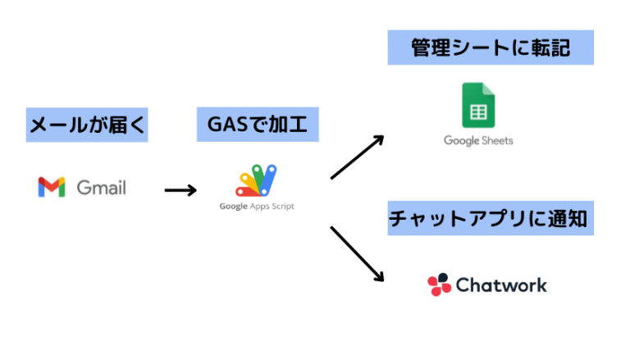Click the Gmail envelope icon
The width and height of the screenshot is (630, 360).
tap(51, 187)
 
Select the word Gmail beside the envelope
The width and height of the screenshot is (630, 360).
tap(101, 188)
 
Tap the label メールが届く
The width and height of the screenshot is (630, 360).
tap(87, 125)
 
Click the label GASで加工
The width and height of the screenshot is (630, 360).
tap(257, 125)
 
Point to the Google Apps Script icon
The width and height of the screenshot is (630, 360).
tap(257, 180)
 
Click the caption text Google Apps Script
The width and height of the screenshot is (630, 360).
tap(257, 206)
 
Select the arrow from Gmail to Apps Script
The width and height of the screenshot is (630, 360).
tap(180, 190)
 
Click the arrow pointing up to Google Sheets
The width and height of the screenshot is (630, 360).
tap(357, 157)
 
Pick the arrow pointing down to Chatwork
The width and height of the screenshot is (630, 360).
tap(357, 253)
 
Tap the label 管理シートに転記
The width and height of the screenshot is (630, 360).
tap(490, 48)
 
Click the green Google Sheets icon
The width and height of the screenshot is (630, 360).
tap(477, 104)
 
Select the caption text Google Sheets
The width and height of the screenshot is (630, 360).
tap(478, 140)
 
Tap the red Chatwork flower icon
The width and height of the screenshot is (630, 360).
tap(440, 285)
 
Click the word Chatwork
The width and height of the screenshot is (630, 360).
tap(500, 285)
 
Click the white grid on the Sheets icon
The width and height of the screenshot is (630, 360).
tap(477, 111)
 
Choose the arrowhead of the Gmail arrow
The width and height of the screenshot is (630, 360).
tap(193, 190)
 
